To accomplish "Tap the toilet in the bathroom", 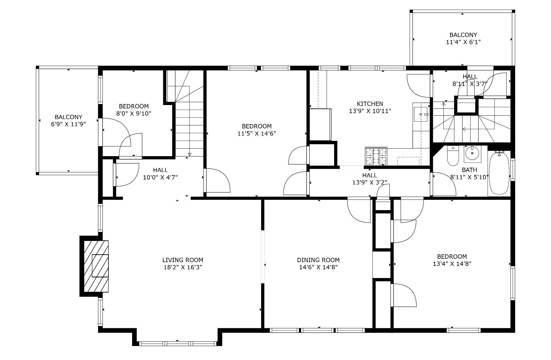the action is [x=453, y=156].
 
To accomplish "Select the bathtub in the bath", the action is [x=499, y=173].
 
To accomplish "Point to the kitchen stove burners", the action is [x=376, y=156].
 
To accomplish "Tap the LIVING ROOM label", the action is [x=183, y=260].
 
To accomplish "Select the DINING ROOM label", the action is [x=318, y=260].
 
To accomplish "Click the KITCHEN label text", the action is [x=370, y=104].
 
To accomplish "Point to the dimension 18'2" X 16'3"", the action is [x=183, y=267].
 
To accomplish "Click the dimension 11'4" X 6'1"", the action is [x=463, y=42].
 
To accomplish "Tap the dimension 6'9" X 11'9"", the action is [x=69, y=124].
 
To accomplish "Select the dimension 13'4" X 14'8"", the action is [x=452, y=264].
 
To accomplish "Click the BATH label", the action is [x=469, y=170].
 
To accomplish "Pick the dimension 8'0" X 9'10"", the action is [x=134, y=113].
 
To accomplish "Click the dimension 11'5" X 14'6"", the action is [x=256, y=133].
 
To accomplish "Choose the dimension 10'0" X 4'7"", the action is [x=160, y=177].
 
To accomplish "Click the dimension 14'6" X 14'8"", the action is [x=318, y=267].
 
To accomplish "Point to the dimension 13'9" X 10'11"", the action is [x=370, y=111].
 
